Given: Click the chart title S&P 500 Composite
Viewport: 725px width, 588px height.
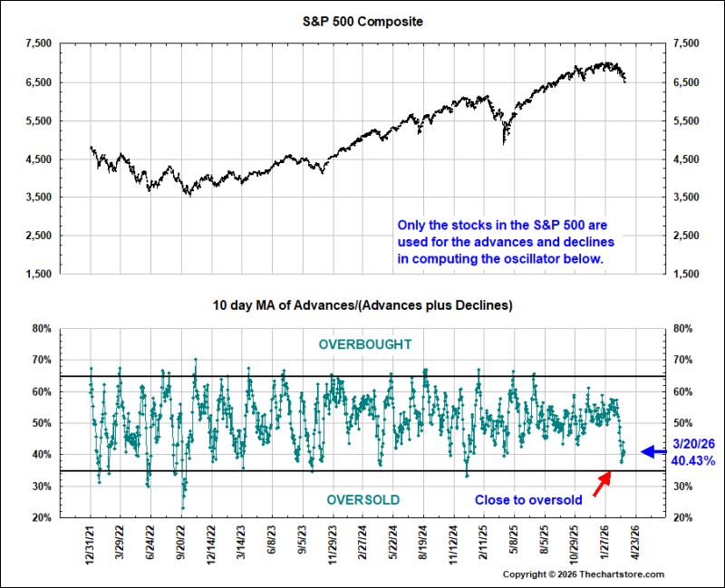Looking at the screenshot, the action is [362, 22].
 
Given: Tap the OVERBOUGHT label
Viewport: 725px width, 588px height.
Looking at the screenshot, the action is [365, 344].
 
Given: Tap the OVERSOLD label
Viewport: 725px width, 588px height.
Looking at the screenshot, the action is [363, 500].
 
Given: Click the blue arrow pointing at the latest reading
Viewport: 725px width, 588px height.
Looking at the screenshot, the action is [653, 451].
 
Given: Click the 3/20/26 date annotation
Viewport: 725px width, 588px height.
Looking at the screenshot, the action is [693, 444].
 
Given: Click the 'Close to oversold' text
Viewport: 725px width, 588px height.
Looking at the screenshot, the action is [528, 500].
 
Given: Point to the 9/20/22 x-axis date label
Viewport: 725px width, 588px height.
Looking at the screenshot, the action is [180, 542].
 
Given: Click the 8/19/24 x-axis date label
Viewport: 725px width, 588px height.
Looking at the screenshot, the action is [423, 542].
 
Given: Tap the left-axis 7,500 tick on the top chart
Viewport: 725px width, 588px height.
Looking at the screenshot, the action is [39, 43].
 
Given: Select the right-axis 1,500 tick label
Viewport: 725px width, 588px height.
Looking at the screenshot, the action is [686, 274].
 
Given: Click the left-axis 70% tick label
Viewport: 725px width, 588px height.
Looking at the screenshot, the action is [42, 360].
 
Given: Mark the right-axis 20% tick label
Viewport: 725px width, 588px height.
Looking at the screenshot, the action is [683, 517].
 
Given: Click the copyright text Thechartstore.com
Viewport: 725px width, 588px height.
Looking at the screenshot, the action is [622, 574].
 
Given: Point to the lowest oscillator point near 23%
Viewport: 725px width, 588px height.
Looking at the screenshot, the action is [183, 508].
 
